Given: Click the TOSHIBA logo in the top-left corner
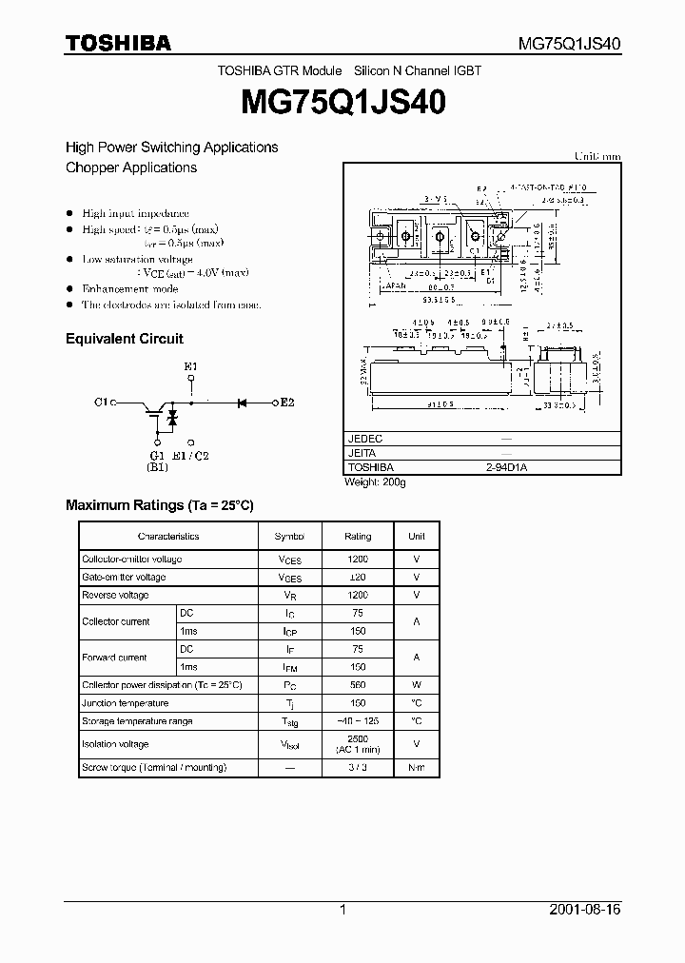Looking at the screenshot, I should click(118, 42).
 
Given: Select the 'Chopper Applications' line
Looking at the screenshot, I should click(131, 167).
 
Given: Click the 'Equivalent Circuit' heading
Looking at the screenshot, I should click(124, 339).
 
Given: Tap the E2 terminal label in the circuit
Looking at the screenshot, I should click(286, 403).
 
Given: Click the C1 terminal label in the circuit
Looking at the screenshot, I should click(103, 403).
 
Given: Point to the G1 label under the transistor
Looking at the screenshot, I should click(157, 455).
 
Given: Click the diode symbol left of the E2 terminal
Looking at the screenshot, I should click(242, 403).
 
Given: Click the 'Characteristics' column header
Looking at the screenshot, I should click(168, 537).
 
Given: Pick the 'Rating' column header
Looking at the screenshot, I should click(358, 537).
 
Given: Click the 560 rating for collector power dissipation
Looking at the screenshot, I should click(358, 685).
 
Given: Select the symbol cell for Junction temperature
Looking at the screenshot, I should click(290, 704).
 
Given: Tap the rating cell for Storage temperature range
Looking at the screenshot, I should click(358, 721).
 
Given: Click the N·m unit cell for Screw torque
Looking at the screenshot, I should click(416, 767).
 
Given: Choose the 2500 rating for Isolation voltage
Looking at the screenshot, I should click(358, 739).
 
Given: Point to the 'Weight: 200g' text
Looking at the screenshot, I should click(375, 482).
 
